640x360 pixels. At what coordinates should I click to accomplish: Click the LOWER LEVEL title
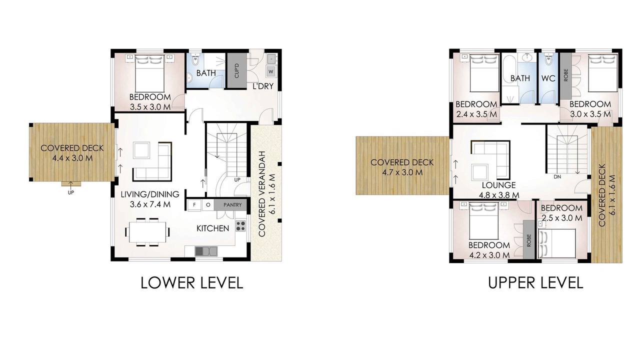[191, 282]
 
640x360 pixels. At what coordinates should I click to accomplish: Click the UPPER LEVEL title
[535, 282]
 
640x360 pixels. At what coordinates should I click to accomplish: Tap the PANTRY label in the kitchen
[232, 205]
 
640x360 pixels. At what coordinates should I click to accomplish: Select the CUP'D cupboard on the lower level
[236, 70]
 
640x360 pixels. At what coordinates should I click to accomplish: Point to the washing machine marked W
[271, 71]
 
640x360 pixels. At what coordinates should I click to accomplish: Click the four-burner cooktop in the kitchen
[240, 226]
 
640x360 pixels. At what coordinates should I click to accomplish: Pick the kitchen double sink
[206, 251]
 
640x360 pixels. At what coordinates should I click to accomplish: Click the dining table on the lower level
[147, 232]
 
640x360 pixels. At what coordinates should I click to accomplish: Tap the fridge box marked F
[194, 205]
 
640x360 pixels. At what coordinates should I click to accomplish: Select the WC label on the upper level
[548, 78]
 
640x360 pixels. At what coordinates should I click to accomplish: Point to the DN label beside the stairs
[557, 177]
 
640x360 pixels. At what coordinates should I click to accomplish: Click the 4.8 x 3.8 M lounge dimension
[499, 195]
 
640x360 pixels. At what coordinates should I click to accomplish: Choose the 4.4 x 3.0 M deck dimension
[72, 158]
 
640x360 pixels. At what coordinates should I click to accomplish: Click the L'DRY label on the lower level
[263, 86]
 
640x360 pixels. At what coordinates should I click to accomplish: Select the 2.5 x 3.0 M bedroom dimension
[561, 218]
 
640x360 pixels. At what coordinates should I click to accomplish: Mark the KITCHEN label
[213, 228]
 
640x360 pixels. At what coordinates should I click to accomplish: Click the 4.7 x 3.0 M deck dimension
[402, 172]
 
